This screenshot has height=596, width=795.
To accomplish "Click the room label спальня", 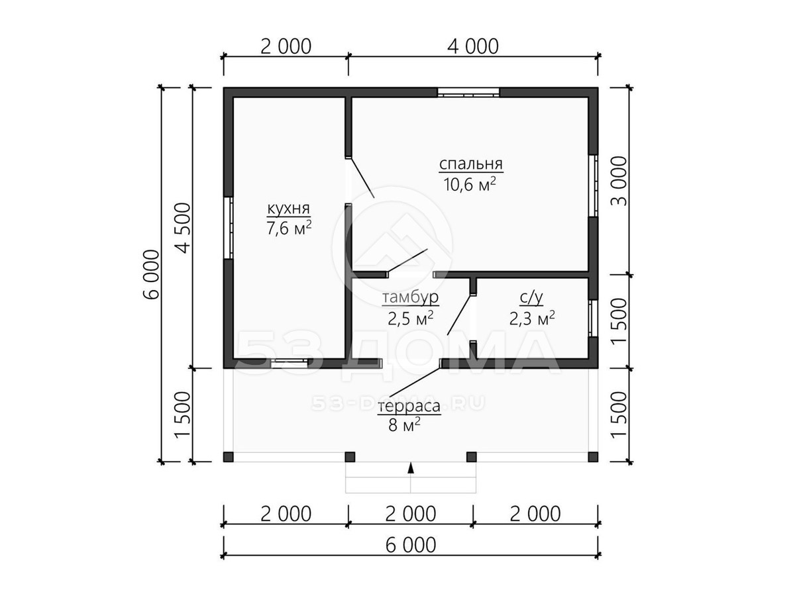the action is pos(471,164).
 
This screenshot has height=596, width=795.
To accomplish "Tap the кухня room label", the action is pos(289,209).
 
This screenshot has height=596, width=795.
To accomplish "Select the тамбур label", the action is pos(410,297).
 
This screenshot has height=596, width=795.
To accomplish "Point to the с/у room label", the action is pos(531,297).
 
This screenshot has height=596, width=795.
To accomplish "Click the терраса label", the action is pos(409,406).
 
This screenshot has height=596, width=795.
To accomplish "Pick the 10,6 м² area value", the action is pos(470,185).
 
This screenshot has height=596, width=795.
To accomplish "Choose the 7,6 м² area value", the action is pos(289,228).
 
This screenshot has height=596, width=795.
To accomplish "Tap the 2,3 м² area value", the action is pos(532,318).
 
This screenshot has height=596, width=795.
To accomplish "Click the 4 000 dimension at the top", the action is pos(472,46).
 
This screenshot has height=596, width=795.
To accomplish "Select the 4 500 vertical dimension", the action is pos(183,228).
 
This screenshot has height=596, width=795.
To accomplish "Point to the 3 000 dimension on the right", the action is pos(619,181).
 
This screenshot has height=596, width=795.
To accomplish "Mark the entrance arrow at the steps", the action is pos(410,468).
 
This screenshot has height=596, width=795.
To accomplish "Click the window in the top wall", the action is pos(468,93).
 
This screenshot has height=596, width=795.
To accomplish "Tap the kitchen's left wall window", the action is pos(228,228).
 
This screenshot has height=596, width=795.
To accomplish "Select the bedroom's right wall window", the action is pos(593,186).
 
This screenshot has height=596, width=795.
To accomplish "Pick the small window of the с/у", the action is pos(593,318).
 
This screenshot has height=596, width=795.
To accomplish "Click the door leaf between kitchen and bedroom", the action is pos(362,178).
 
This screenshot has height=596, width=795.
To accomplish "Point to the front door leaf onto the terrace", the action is pos(415,383).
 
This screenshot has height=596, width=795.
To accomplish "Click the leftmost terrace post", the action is pos(229,457).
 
